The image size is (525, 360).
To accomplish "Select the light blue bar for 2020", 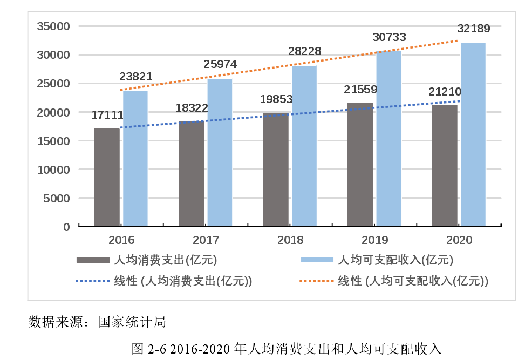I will (x=473, y=135).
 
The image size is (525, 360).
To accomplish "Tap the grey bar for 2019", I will (x=360, y=165).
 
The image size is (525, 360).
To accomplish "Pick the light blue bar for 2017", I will (x=220, y=152).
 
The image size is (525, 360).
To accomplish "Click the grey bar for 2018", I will (x=276, y=169).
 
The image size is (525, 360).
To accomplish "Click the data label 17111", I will (x=107, y=114).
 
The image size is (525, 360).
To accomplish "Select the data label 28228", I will (x=304, y=51).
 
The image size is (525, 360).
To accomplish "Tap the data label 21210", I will (x=445, y=92).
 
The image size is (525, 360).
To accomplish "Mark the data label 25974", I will (x=220, y=64).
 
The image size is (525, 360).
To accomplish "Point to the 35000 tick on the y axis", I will (x=54, y=26).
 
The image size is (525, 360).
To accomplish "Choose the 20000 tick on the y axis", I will (x=54, y=112).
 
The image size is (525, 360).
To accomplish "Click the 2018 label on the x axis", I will (x=290, y=240).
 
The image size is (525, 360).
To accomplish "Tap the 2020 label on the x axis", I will (x=459, y=240).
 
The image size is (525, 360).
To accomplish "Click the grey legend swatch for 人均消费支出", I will (x=93, y=260).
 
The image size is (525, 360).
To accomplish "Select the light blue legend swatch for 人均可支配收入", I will (x=317, y=260).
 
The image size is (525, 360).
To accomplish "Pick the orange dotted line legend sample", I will (x=317, y=281).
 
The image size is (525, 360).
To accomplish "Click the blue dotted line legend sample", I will (x=93, y=281).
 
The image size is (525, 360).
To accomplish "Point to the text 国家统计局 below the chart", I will (x=132, y=322).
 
